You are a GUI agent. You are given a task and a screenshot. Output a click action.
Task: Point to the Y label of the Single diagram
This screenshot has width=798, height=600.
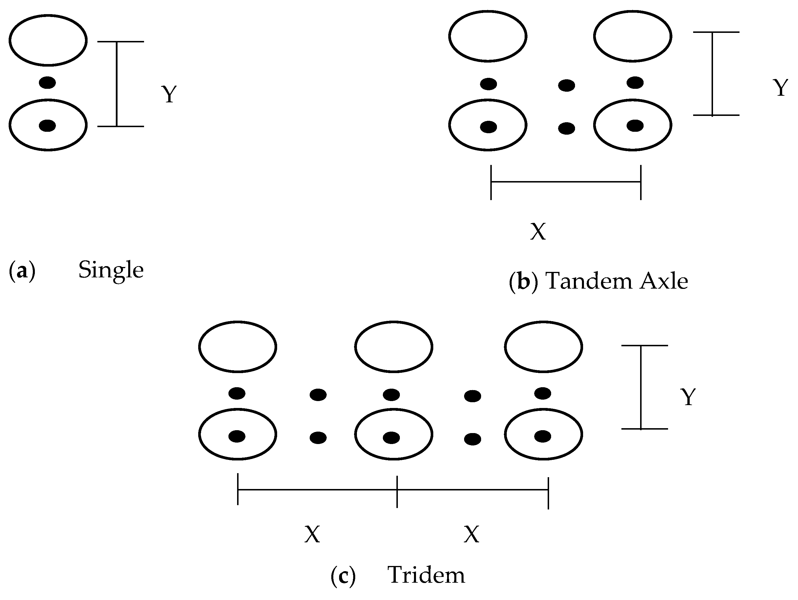pyautogui.click(x=169, y=95)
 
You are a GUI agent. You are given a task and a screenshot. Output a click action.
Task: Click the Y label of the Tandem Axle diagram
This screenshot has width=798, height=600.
pyautogui.click(x=781, y=88)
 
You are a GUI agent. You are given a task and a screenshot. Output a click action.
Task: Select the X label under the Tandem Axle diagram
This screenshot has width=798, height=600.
pyautogui.click(x=538, y=232)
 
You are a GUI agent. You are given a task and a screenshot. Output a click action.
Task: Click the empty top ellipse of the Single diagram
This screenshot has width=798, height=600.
pyautogui.click(x=48, y=40)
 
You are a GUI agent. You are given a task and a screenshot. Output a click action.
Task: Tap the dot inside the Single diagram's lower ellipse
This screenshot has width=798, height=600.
pyautogui.click(x=47, y=126)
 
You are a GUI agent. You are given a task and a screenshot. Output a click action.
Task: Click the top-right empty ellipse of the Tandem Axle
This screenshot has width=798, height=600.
pyautogui.click(x=632, y=36)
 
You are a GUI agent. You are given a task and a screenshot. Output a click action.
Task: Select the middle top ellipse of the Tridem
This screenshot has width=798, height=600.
pyautogui.click(x=393, y=347)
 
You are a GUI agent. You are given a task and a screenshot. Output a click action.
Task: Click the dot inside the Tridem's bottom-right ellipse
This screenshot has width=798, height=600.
pyautogui.click(x=542, y=437)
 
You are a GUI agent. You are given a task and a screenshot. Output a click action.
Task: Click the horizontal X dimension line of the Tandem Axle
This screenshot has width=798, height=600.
pyautogui.click(x=566, y=182)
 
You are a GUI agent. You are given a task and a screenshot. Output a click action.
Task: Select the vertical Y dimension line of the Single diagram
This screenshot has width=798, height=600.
pyautogui.click(x=116, y=84)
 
